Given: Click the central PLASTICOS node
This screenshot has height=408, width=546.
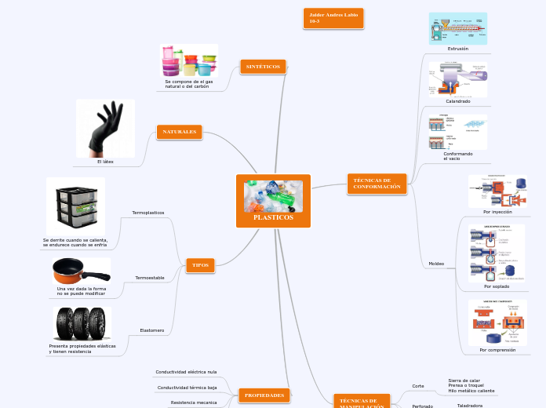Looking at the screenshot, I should point(273,202).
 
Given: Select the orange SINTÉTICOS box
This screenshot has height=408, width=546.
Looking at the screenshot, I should point(263,67).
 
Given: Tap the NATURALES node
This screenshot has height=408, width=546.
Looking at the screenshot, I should point(180,132).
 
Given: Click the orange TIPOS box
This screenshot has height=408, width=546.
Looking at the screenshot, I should point(200,265).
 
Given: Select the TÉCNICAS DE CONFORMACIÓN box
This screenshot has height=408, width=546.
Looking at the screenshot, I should point(377,184).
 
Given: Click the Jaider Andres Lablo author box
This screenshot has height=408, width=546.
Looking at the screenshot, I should point(333,18).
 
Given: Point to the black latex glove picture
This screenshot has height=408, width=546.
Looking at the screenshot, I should point(105,128).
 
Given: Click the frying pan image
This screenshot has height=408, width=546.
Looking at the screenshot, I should point(82,271).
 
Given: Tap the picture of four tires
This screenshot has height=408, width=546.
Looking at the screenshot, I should point(82,323).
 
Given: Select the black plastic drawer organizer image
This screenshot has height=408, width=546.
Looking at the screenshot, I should point(75,206).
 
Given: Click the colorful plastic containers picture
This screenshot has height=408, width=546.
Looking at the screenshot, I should point(188,60).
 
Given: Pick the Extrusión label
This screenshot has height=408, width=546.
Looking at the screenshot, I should point(457,49).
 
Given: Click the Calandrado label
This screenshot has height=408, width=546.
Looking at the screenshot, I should point(457,101).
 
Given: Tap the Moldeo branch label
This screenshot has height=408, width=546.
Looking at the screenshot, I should point(436,263).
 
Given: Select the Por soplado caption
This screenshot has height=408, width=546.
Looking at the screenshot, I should point(496,286).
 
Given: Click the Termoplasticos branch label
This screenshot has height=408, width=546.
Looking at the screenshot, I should point(148,213).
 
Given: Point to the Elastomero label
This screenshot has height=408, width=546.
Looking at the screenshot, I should point(151,330).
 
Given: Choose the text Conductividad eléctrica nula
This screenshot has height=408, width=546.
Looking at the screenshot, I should point(186,371).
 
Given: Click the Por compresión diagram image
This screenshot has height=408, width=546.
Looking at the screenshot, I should point(497,322).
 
